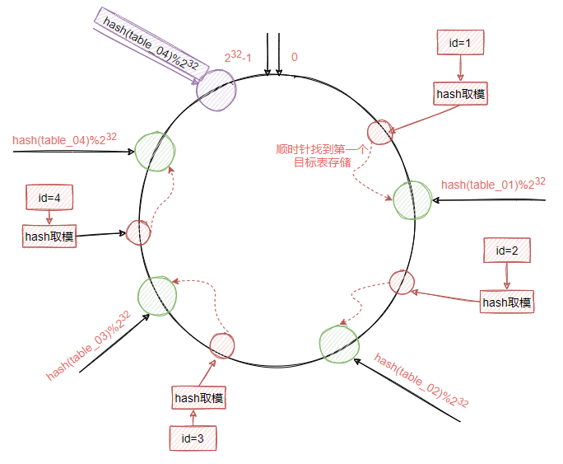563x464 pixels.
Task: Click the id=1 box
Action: (459, 42)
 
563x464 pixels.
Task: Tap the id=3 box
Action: (193, 438)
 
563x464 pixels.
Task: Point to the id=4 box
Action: (49, 197)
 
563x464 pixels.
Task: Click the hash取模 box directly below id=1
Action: (460, 93)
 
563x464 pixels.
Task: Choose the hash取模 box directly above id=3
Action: (198, 398)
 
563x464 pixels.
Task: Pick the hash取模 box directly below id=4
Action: (49, 237)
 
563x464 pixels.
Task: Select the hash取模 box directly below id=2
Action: (507, 302)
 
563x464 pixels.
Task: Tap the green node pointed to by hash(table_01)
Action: (412, 199)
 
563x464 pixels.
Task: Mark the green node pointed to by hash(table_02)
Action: (339, 345)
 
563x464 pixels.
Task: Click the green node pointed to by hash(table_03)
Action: (157, 296)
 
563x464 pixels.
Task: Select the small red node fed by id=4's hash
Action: (137, 232)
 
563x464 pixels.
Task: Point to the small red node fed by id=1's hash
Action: (379, 132)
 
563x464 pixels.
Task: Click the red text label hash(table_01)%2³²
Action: (493, 183)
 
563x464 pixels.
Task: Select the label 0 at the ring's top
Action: (295, 58)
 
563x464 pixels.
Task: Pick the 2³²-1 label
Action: (244, 58)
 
